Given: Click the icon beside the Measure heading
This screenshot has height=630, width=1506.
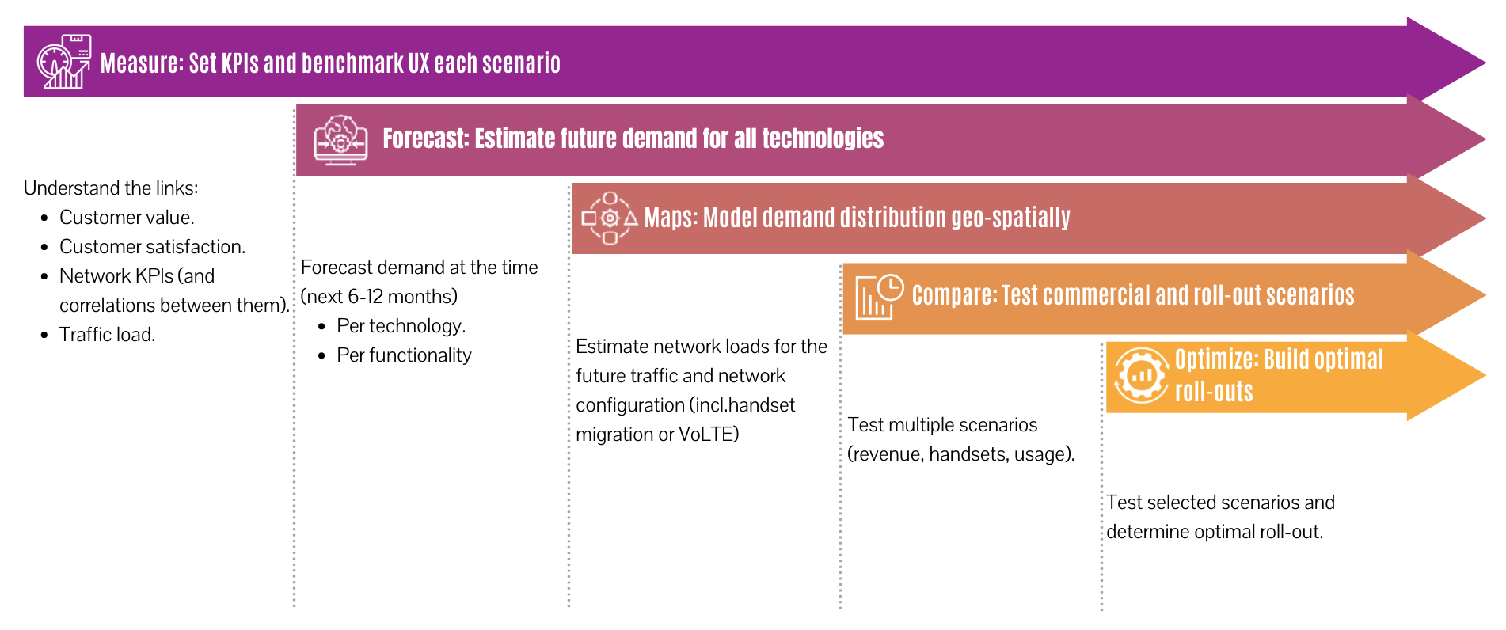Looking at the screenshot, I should pyautogui.click(x=63, y=62).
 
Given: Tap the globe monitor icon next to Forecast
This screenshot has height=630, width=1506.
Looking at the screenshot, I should pyautogui.click(x=340, y=140).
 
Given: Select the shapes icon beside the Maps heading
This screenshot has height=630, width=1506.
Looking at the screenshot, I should pyautogui.click(x=609, y=218).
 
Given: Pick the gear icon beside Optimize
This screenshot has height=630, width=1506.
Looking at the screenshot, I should pyautogui.click(x=1141, y=375).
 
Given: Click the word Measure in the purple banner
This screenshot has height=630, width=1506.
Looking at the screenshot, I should pyautogui.click(x=139, y=63).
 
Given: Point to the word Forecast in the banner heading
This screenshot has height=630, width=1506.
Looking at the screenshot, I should pyautogui.click(x=425, y=139).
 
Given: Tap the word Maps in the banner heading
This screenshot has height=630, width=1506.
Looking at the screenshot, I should pyautogui.click(x=670, y=218).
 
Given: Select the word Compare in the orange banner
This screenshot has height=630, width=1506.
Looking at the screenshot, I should pyautogui.click(x=953, y=295).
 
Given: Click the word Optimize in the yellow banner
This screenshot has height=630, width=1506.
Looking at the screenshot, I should pyautogui.click(x=1215, y=359).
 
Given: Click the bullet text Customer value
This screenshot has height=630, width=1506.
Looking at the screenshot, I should pyautogui.click(x=127, y=218).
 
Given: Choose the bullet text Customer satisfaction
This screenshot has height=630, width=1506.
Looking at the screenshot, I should pyautogui.click(x=152, y=247).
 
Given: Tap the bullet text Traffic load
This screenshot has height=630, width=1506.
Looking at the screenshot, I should pyautogui.click(x=107, y=335).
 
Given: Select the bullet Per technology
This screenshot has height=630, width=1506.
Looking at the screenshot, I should pyautogui.click(x=401, y=326).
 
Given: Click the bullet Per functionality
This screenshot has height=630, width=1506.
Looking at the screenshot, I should pyautogui.click(x=404, y=355).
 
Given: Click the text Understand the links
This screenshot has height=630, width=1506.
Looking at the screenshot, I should pyautogui.click(x=111, y=188).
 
